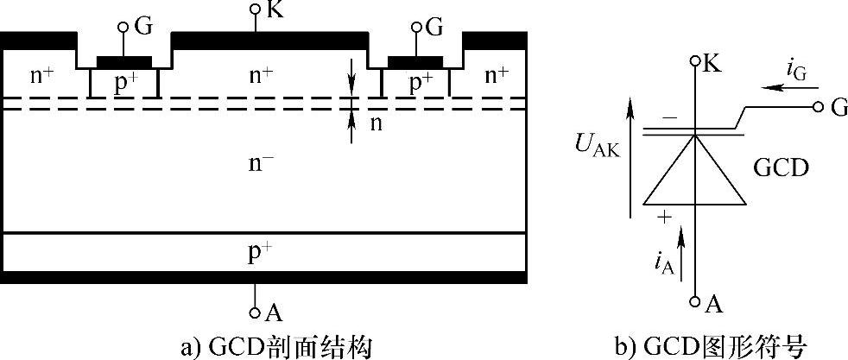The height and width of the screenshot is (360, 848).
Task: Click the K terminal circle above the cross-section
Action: (x=256, y=9)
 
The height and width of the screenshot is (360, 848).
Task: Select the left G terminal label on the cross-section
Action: (x=143, y=27)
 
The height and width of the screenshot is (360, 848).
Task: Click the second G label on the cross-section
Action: (x=434, y=27)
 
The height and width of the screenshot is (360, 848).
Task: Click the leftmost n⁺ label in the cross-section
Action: (x=42, y=75)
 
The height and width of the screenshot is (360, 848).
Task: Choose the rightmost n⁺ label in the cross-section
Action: (x=496, y=75)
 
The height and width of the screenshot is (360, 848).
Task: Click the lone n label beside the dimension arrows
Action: (x=376, y=123)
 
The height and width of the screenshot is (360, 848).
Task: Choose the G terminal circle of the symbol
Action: (x=816, y=107)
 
